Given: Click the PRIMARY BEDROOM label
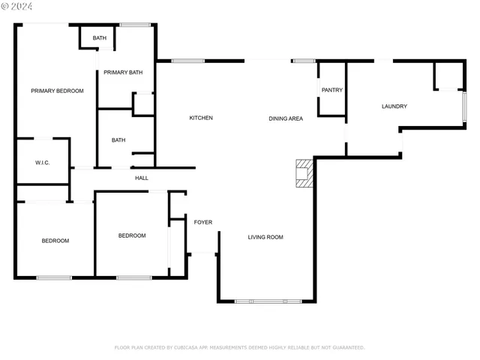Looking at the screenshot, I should pos(57,91).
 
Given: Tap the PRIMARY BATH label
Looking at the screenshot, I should pos(123,72).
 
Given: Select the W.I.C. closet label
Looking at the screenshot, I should pos(42,162).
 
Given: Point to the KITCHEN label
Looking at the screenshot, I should pos(201,118).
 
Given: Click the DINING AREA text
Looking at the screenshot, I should pos(286,118).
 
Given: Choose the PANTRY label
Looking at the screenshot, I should pos(332,90).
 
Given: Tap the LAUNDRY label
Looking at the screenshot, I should pos(394,106).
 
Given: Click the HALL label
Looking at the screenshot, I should pos(142,178).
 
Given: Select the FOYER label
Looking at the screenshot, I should pos(203,222).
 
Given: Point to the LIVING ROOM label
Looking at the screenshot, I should pos(265,237).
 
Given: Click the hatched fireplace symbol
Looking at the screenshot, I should pos(303,172).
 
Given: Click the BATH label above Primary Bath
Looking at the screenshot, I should pos(100,38).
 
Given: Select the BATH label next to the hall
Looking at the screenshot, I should pos(118,139).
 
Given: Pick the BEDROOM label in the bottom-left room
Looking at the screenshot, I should pos(55,241).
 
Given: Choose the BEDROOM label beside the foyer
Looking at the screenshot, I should pos(132,235).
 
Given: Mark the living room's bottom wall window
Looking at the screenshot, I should pos(268,301).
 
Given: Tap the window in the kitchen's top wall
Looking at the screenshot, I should pos(187,61).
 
